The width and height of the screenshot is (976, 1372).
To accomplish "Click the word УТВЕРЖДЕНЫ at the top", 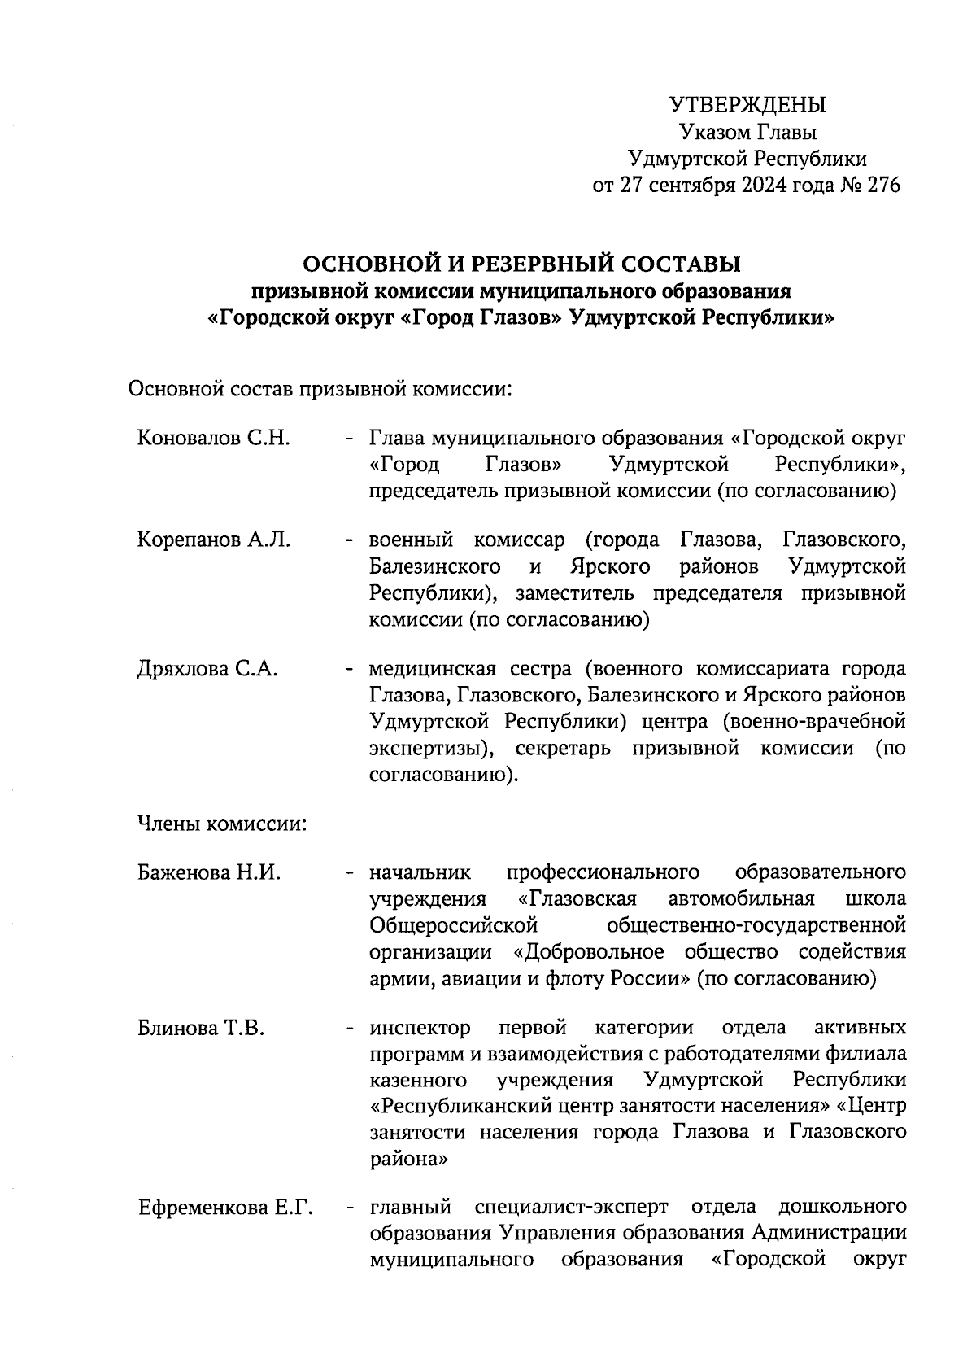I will point(747,105).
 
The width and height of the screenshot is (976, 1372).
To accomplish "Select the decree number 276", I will point(884,186).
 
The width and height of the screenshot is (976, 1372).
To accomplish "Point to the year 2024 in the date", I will point(763,186).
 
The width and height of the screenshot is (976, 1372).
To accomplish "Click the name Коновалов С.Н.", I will point(214,439).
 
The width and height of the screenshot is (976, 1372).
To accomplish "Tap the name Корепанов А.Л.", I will point(214,540).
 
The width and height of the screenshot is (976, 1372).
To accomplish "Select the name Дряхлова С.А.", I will point(208,669).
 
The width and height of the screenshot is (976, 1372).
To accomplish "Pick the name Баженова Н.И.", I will point(209,873).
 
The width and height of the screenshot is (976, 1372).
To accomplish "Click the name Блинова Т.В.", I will point(201,1029).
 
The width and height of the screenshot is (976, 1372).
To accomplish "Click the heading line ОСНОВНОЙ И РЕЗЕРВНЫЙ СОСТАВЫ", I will point(521,264).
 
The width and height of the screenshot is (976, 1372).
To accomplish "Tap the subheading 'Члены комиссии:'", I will point(221,824).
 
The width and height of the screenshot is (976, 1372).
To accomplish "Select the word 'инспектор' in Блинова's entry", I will point(420,1029).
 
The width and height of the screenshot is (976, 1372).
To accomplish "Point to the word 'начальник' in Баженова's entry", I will point(420,873).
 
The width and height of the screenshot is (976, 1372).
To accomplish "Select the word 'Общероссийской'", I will point(454,926).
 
